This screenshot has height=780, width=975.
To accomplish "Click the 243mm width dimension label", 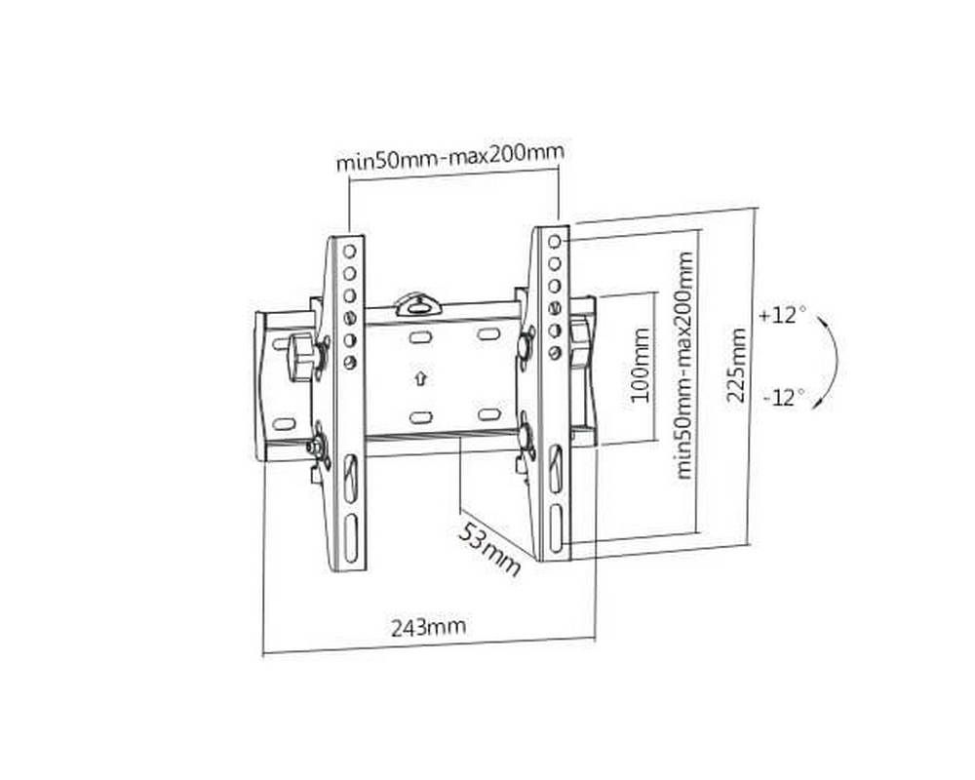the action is tap(428, 627).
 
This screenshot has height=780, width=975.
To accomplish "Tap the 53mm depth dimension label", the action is tap(489, 549).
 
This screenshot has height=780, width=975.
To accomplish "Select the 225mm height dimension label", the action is tap(736, 365).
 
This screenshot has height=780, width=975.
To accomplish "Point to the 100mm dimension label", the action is tap(640, 365).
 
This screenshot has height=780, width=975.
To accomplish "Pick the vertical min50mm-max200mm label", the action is tap(684, 365).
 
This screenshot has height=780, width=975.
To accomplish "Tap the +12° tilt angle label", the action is tap(777, 315).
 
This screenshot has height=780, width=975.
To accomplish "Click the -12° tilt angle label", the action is tap(783, 396).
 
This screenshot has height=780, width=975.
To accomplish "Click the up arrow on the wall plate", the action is tap(421, 377).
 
